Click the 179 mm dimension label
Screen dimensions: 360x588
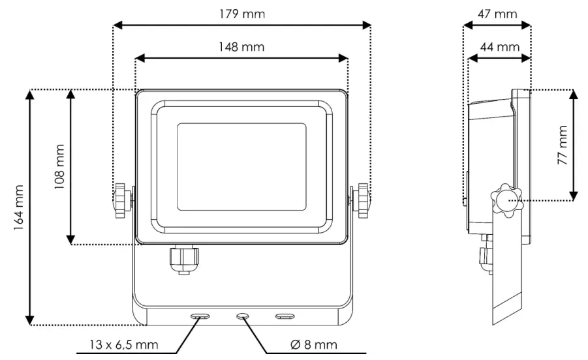241,14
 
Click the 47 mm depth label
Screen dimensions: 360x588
497,14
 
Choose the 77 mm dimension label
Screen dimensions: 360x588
563,145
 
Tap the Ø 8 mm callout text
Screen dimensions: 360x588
313,344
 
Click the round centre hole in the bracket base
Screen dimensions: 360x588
242,316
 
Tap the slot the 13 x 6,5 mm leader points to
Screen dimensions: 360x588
200,316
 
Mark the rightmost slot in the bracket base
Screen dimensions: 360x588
285,316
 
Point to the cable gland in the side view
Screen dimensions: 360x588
485,258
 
